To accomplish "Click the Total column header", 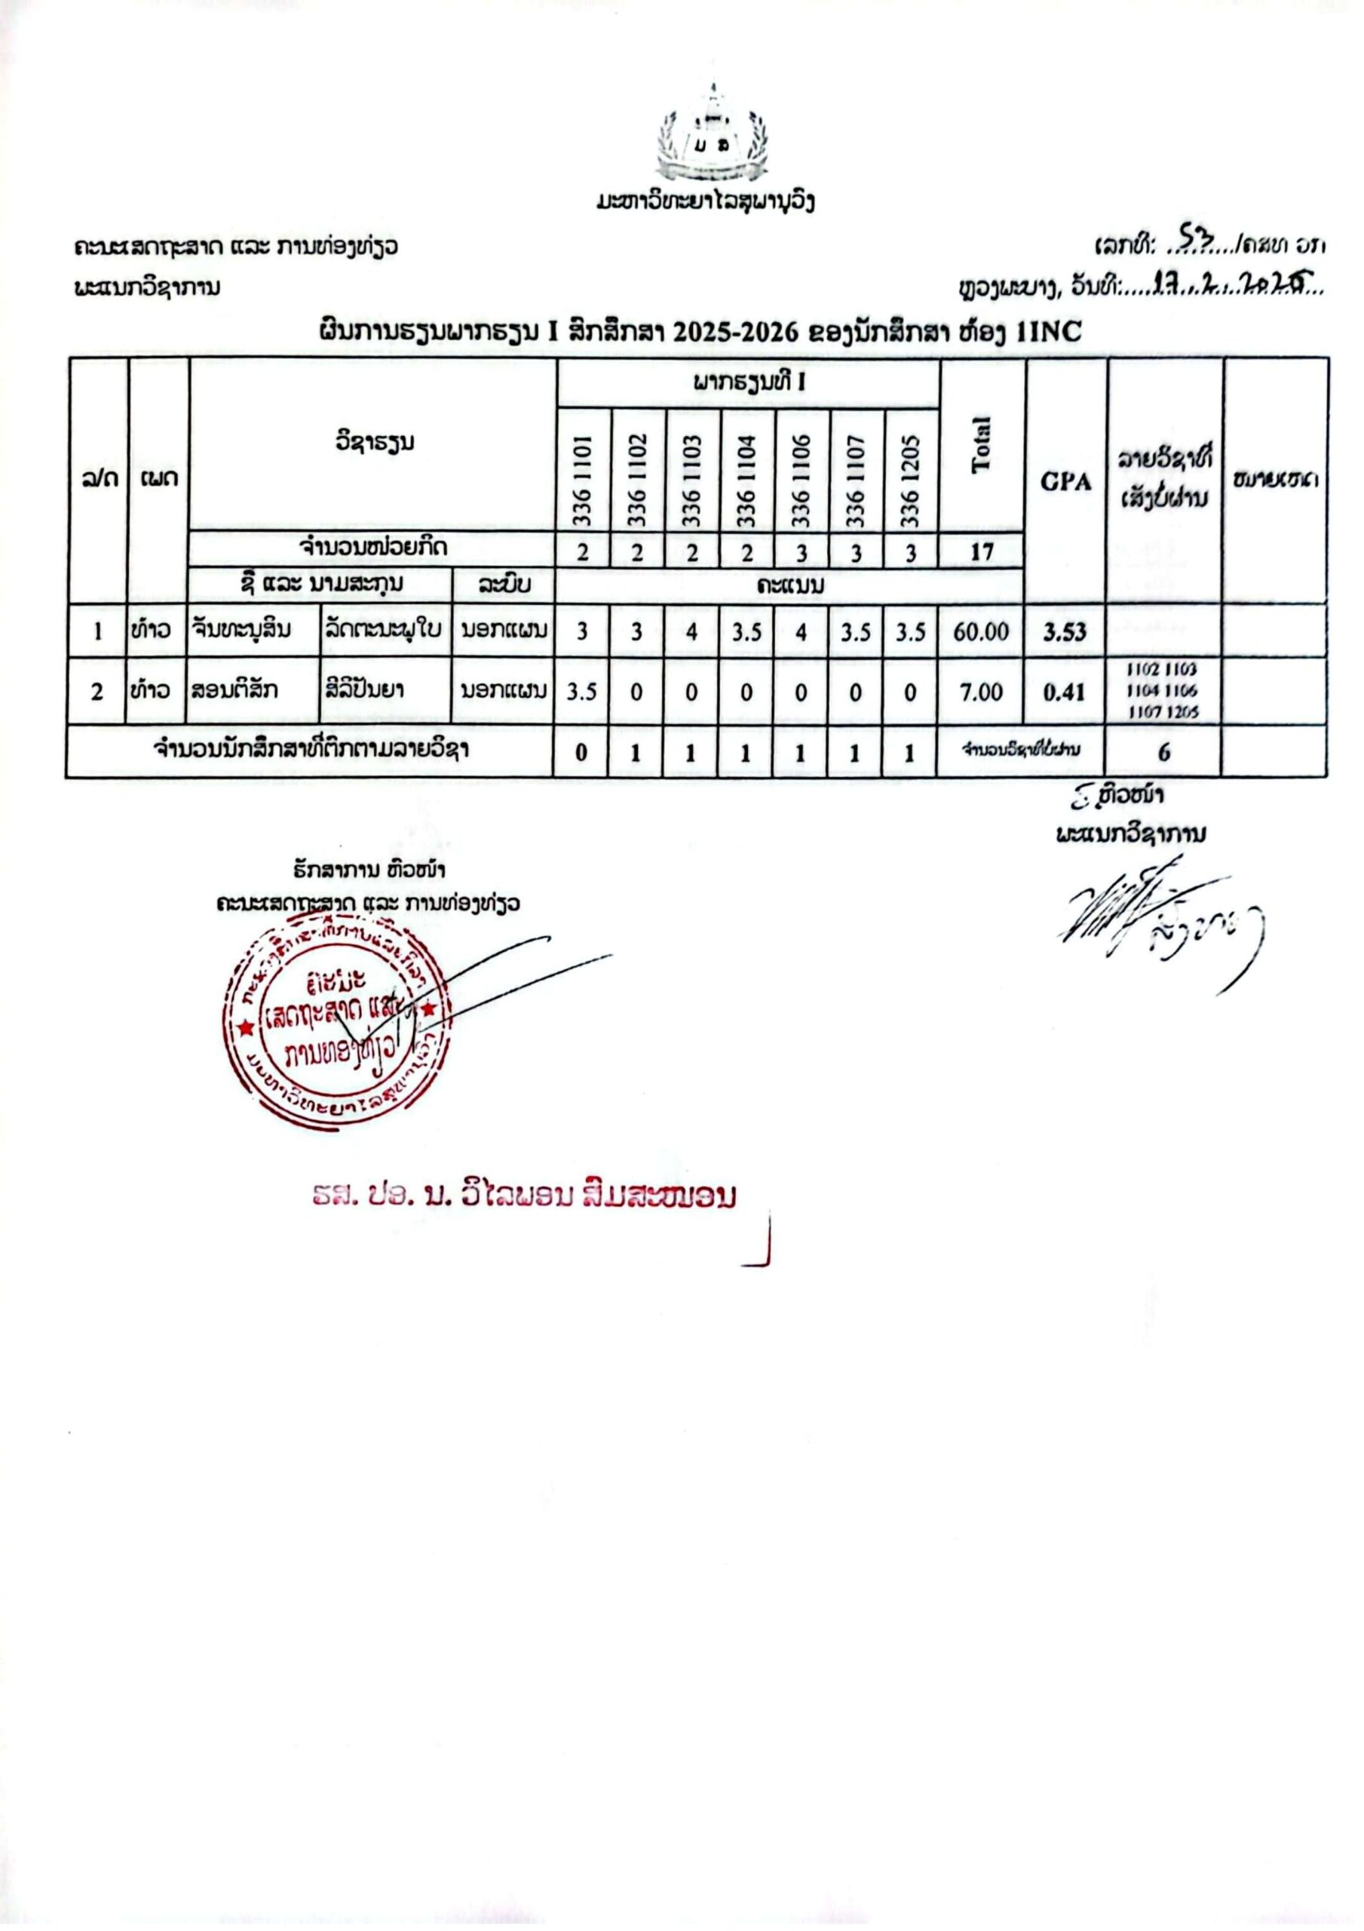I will tap(982, 445).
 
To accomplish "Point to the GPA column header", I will tap(1065, 482).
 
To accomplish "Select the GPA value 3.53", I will tap(1065, 631).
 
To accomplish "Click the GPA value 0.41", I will tap(1065, 692).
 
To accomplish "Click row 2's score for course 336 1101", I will tap(582, 692).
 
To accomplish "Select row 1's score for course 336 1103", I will tap(691, 631).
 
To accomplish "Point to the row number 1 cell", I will tap(97, 631).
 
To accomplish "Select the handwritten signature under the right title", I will tap(1160, 921).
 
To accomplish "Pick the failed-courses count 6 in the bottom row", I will tap(1164, 752).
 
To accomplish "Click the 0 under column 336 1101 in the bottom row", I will tap(582, 752).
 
